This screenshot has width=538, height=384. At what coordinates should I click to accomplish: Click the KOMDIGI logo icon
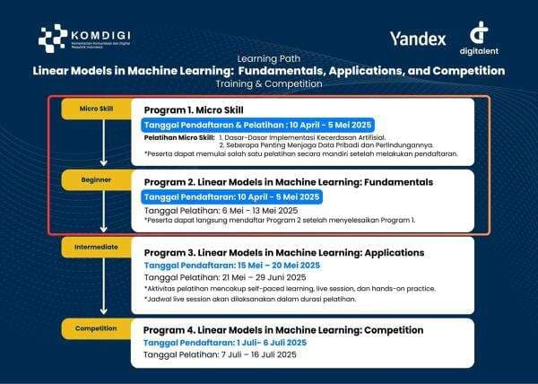point(53,37)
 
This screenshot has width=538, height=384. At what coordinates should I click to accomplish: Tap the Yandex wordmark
point(417,39)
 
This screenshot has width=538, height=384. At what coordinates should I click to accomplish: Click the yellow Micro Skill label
point(96,109)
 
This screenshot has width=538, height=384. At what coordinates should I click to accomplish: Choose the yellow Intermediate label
point(96,244)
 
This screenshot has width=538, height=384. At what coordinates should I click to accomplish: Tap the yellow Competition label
point(96,328)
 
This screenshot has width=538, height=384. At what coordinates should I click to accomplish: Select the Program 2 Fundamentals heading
point(288,181)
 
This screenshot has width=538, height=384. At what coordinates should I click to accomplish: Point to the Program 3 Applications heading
point(284,252)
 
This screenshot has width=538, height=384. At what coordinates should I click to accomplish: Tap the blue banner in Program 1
point(258,124)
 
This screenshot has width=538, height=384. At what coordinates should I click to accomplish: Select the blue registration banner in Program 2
point(230,196)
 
